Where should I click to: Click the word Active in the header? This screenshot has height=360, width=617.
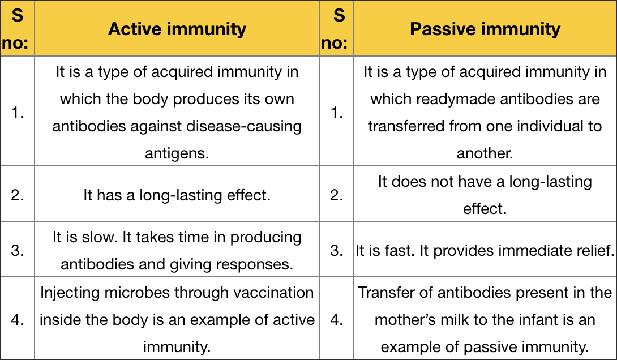[135, 29]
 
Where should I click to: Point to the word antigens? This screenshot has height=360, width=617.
[177, 153]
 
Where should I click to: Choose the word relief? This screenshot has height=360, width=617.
[597, 251]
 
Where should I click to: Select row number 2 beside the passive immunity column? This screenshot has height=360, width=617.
[336, 195]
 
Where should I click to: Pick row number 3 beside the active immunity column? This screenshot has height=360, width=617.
[18, 251]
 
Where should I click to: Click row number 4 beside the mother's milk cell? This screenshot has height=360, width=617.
[336, 320]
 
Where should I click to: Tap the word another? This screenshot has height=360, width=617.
[485, 153]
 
